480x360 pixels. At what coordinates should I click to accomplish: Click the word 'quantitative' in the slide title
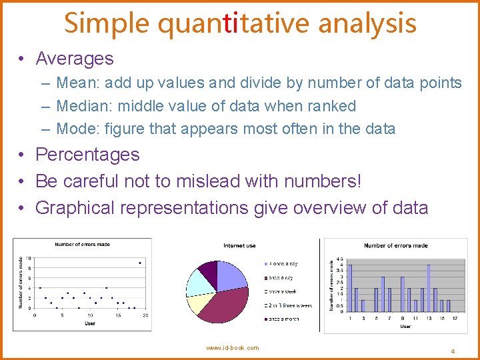[235, 24]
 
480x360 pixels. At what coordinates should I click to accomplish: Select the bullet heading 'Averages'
[74, 59]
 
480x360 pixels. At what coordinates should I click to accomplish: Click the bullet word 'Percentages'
[87, 155]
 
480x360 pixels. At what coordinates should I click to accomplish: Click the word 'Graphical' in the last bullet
[75, 208]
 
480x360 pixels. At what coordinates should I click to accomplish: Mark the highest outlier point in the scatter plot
[139, 263]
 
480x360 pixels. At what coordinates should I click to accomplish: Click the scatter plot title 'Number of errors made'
[83, 245]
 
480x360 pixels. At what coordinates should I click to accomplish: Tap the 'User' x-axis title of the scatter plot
[89, 323]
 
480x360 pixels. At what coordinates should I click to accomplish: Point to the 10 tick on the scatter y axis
[29, 258]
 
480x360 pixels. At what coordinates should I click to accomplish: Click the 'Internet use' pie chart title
[239, 246]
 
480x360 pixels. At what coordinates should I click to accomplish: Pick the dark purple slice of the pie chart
[209, 270]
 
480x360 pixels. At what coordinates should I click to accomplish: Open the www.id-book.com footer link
[233, 348]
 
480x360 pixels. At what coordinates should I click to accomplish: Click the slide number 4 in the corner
[452, 351]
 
